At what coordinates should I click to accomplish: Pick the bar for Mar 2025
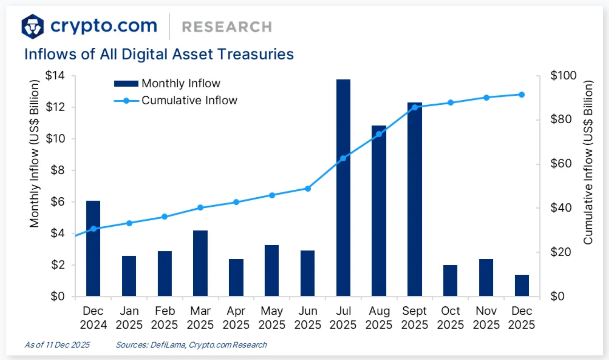tap(200, 263)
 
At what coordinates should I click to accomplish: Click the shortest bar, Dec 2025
tap(522, 285)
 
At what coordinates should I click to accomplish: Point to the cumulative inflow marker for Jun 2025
tap(308, 189)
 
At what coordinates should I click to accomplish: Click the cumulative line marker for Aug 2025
tap(379, 134)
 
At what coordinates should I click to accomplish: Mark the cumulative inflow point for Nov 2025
tap(486, 98)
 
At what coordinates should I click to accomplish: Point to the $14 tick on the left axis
tap(55, 75)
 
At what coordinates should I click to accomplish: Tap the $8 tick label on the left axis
tap(57, 170)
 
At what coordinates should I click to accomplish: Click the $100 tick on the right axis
tap(563, 75)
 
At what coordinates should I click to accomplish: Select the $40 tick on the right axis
tap(561, 208)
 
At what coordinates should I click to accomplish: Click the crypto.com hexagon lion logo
tap(32, 27)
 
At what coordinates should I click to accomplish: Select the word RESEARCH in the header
tap(227, 27)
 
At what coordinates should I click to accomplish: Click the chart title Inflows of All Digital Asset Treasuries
tap(159, 54)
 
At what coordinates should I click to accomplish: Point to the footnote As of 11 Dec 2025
tap(57, 345)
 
